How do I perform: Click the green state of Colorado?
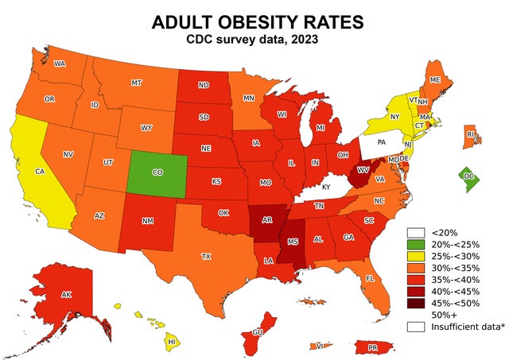tap(157, 171)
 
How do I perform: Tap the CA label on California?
tap(39, 171)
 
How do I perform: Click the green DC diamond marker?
tap(469, 176)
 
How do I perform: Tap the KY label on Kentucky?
tap(326, 186)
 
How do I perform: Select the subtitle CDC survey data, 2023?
tap(254, 40)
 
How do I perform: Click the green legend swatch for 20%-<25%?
tap(416, 244)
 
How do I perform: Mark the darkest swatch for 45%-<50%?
tap(416, 303)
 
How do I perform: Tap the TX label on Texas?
tap(206, 257)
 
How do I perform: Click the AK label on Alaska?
tap(67, 295)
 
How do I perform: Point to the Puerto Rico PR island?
tap(372, 347)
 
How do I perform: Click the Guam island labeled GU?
tap(257, 332)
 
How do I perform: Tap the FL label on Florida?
tap(370, 279)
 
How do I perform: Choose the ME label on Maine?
tap(435, 80)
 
